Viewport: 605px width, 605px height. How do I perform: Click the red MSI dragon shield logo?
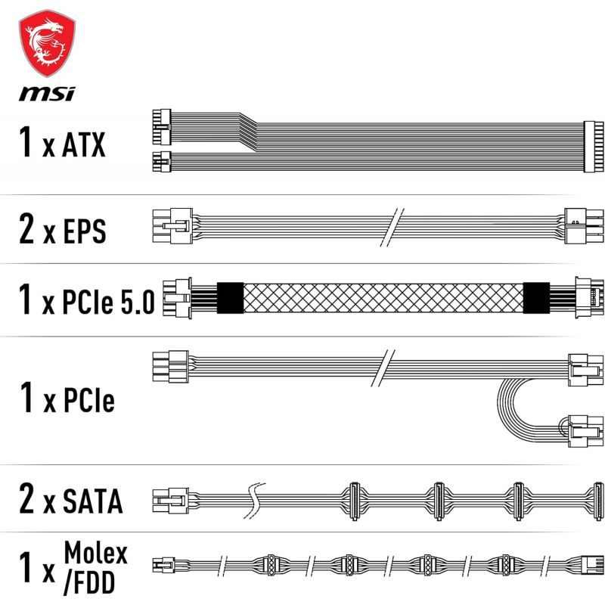tap(47, 43)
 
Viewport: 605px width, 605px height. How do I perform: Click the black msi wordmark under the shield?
tap(47, 94)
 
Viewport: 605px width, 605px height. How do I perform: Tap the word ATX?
tap(84, 145)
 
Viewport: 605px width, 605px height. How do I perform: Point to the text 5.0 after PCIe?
tap(138, 301)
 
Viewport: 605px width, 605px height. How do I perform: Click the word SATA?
tap(92, 501)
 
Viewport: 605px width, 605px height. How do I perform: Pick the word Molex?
tap(96, 554)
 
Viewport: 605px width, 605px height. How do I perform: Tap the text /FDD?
tap(89, 582)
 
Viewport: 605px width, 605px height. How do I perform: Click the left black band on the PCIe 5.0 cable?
tap(231, 298)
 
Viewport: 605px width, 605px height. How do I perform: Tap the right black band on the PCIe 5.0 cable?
tap(536, 298)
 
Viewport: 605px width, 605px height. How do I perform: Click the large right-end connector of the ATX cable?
tap(594, 146)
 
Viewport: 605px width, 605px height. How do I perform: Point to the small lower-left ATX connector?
tap(162, 162)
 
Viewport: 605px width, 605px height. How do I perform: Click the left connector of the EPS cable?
tap(172, 225)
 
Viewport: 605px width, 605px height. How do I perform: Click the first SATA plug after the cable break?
tap(354, 501)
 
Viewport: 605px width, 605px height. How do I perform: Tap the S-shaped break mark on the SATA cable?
tap(254, 501)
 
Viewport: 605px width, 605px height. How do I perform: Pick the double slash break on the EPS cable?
tap(392, 228)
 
